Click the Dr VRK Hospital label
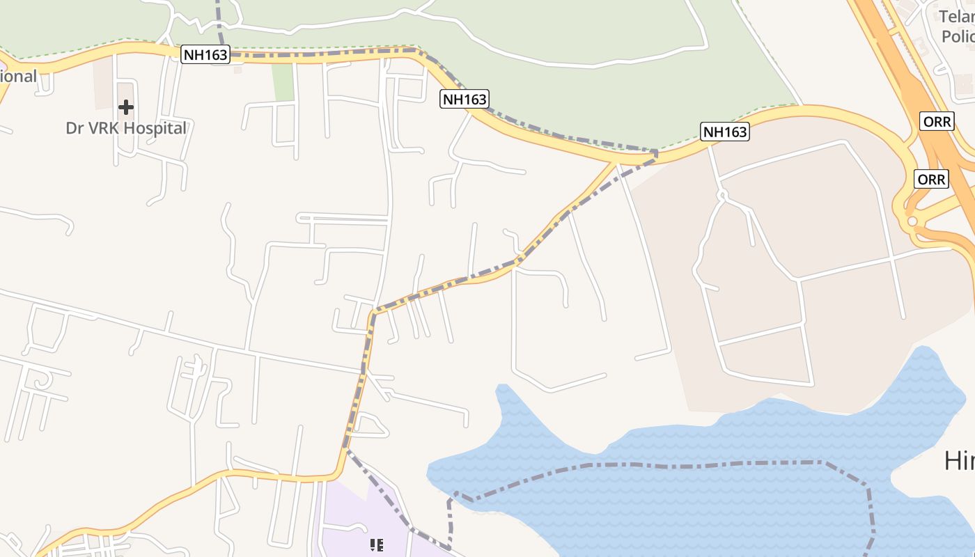(126, 128)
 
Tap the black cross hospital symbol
(126, 107)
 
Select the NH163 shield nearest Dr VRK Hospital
(205, 54)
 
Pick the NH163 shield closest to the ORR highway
(725, 132)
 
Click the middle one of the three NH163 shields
(465, 99)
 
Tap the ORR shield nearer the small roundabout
(932, 180)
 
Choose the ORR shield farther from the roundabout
(937, 120)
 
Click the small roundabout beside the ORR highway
(912, 221)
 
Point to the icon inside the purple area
(376, 544)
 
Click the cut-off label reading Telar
(958, 17)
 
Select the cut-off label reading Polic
(958, 36)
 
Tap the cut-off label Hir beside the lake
(959, 460)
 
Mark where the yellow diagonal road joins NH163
(616, 163)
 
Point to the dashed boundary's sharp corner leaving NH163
(655, 151)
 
